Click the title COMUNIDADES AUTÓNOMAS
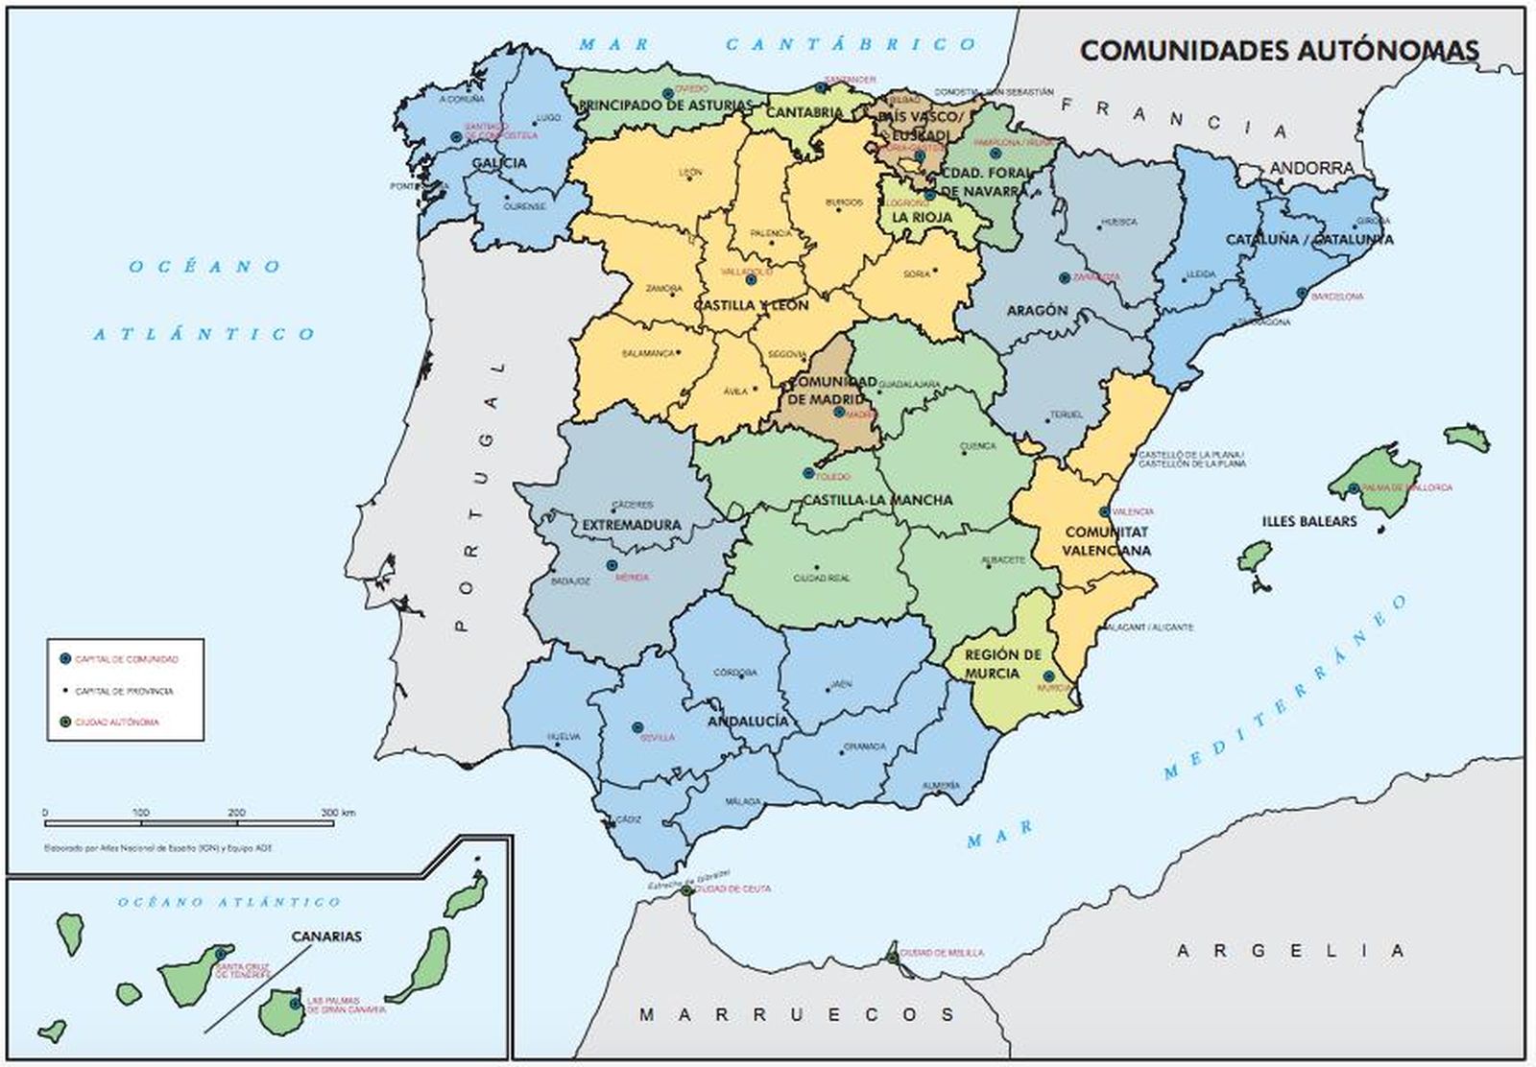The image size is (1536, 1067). (x=1280, y=51)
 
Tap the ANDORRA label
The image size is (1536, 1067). (x=1311, y=169)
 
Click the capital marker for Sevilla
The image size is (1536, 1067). (x=636, y=727)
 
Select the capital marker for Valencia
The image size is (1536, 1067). (x=1105, y=512)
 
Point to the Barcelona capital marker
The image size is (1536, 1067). (x=1302, y=294)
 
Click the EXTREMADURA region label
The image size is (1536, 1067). (x=632, y=525)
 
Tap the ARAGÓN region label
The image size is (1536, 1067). (x=1037, y=311)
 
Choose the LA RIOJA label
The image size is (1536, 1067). (x=923, y=218)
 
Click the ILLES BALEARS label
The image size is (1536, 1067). (x=1309, y=521)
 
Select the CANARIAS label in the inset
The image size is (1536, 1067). (x=326, y=936)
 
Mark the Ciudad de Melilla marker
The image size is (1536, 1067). (x=893, y=956)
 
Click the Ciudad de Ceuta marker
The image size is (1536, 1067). (x=687, y=890)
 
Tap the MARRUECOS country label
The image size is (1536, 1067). (x=797, y=1014)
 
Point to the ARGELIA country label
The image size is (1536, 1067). (x=1291, y=951)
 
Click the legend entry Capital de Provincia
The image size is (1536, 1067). (x=124, y=691)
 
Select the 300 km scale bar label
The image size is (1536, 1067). (x=337, y=813)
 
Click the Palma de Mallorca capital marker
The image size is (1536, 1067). (x=1354, y=488)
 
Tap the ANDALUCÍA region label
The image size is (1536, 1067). (x=748, y=721)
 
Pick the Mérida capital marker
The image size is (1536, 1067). (x=612, y=565)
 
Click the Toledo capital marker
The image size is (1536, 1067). (x=808, y=473)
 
